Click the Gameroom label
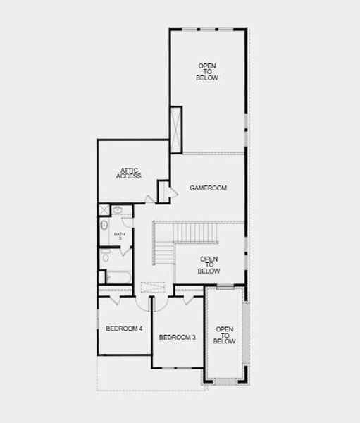208,188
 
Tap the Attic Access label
129,173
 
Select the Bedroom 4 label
124,329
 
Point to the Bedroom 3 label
177,338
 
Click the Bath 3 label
119,236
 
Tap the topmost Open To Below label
206,72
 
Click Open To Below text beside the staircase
209,265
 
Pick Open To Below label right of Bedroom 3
224,335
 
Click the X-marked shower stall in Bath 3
104,210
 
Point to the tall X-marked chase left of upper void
175,130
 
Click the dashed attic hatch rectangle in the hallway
152,287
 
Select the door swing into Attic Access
149,200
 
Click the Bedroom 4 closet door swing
114,300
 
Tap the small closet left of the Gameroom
163,191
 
